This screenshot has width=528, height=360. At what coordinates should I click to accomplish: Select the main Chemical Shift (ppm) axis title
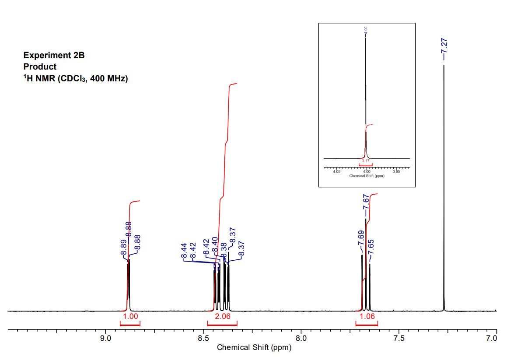[254, 348]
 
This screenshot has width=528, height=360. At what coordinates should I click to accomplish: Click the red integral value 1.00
[130, 317]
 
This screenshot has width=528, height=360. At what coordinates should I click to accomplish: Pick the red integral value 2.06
[222, 317]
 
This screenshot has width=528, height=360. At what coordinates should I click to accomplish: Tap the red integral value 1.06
[367, 317]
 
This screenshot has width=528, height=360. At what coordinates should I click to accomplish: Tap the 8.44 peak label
[184, 251]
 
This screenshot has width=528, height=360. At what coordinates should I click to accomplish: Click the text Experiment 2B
[54, 56]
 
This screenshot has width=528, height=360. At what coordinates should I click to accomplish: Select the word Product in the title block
[40, 67]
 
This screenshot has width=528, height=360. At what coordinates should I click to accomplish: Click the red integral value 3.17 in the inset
[366, 161]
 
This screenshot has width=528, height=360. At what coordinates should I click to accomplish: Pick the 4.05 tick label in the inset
[336, 171]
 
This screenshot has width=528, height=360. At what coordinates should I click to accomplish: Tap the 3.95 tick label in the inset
[396, 171]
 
